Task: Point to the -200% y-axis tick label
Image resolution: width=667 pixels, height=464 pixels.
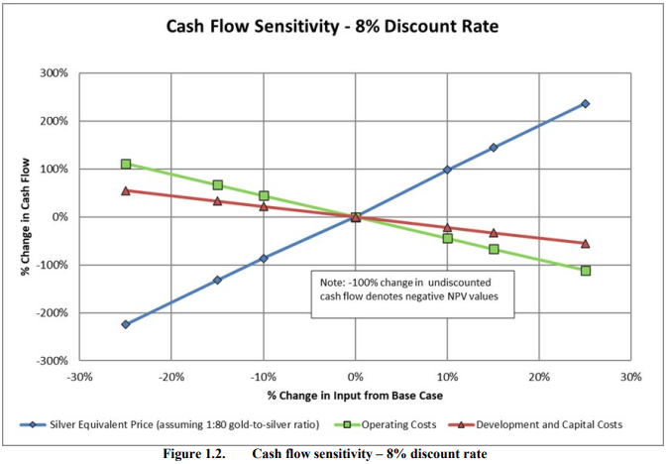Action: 53,312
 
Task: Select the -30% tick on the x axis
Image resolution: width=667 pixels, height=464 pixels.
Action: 79,377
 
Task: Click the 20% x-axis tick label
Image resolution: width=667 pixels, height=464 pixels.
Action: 539,377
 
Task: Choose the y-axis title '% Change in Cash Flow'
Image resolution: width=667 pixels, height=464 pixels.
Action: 23,216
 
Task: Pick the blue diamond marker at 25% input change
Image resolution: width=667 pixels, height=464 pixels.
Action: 585,103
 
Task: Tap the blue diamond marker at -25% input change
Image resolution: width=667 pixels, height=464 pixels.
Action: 126,324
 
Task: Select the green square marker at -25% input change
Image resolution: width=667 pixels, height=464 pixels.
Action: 126,164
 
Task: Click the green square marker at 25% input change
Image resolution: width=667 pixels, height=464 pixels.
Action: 585,270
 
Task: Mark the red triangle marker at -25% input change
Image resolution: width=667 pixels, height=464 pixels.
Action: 126,190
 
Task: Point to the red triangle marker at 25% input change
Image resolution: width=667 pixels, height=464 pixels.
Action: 585,243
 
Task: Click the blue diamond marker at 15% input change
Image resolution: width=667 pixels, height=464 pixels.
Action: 493,148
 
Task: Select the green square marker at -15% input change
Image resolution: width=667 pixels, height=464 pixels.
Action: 217,185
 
